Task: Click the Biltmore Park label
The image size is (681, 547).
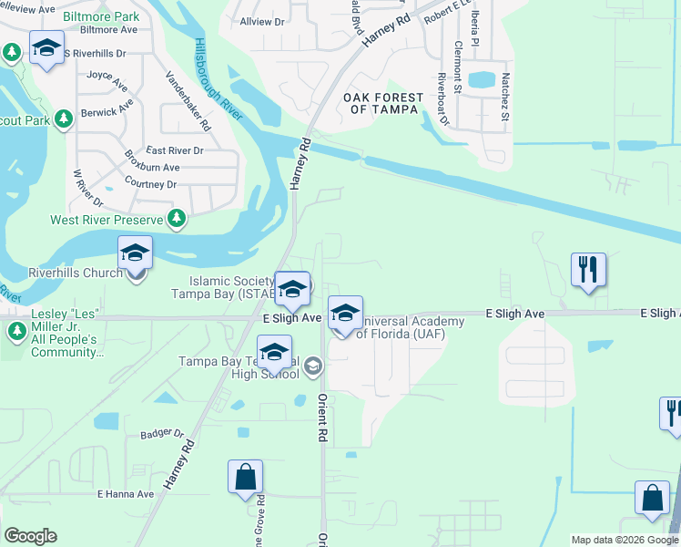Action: tap(102, 16)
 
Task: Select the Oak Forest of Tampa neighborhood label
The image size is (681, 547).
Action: tap(382, 103)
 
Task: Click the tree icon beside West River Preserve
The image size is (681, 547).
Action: tap(177, 219)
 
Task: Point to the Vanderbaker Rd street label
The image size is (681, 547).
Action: tap(187, 101)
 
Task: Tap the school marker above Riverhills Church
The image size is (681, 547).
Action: tap(136, 253)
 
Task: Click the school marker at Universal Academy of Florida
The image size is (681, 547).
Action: tap(345, 314)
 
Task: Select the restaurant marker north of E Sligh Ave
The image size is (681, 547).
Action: tap(589, 270)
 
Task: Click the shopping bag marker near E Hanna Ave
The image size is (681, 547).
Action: tap(245, 477)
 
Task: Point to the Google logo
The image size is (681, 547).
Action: tap(30, 536)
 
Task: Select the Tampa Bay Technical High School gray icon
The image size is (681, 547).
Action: tap(313, 366)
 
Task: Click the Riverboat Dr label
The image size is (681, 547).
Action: tap(443, 98)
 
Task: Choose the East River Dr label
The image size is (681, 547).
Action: tap(175, 150)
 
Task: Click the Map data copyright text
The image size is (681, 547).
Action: tap(625, 540)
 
